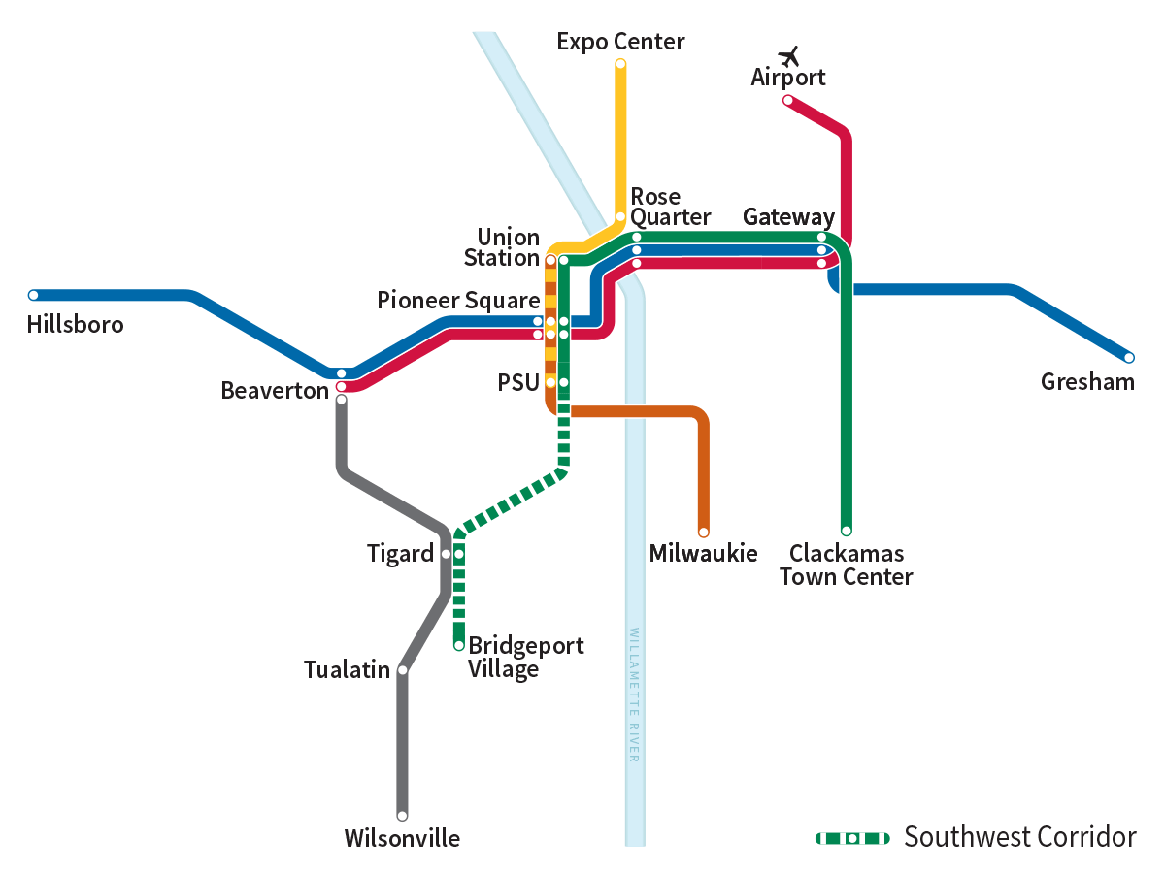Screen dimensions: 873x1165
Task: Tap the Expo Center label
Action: [620, 41]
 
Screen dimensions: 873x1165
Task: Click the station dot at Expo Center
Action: [620, 64]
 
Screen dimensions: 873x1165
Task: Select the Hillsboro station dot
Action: [34, 295]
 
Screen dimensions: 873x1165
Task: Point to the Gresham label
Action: [1087, 381]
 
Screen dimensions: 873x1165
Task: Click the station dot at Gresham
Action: [1129, 358]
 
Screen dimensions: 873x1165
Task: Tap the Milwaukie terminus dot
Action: [704, 532]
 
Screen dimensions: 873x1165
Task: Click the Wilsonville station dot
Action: [402, 816]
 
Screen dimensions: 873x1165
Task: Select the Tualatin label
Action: [347, 669]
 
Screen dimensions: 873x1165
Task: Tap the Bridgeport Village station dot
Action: [459, 645]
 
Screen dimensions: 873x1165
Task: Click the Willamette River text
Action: [634, 695]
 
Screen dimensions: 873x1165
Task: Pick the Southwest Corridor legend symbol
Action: [851, 838]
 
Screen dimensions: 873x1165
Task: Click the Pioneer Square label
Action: [458, 301]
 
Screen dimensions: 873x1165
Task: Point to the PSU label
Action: [517, 382]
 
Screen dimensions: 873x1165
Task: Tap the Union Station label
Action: [501, 247]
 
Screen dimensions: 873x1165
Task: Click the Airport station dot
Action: [787, 100]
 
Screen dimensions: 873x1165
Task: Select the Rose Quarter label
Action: [670, 207]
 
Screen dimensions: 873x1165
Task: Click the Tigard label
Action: [400, 554]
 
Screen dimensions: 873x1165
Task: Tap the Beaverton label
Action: [275, 390]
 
